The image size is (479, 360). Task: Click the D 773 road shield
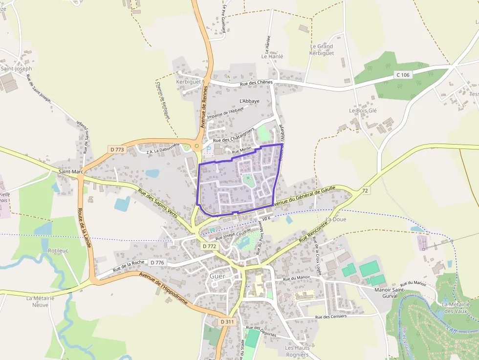[x=117, y=149]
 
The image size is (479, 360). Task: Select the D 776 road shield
[x=157, y=263]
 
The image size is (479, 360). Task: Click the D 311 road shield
[x=227, y=322]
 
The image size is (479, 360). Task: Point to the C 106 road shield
[x=403, y=75]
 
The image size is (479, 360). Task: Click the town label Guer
[x=218, y=276]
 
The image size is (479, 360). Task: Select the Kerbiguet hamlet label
[x=188, y=82]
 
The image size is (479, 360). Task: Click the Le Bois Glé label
[x=363, y=111]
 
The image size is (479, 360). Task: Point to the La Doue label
[x=336, y=219]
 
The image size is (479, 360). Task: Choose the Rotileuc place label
[x=58, y=251]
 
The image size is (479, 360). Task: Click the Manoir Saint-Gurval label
[x=389, y=294]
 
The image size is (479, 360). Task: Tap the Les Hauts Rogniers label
[x=297, y=351]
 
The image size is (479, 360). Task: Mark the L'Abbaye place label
[x=249, y=101]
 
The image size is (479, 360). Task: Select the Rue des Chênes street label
[x=256, y=84]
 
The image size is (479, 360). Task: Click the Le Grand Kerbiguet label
[x=322, y=50]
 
